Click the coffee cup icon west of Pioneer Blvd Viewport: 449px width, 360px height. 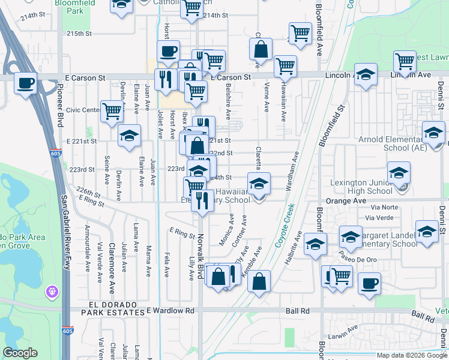(25, 83)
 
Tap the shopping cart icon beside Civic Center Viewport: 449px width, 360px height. (112, 110)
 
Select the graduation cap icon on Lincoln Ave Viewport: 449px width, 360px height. (365, 75)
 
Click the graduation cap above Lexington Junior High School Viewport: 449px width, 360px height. (399, 173)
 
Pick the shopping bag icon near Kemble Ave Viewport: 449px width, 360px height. (259, 281)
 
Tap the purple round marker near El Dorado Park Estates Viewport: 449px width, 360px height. (53, 292)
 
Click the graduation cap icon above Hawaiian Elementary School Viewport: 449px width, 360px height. (259, 183)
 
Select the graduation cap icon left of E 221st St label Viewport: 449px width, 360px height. (128, 136)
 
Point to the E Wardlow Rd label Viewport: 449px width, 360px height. (171, 311)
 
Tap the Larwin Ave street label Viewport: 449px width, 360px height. (343, 328)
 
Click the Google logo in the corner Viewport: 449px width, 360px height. (20, 353)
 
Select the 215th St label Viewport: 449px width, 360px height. (79, 34)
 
